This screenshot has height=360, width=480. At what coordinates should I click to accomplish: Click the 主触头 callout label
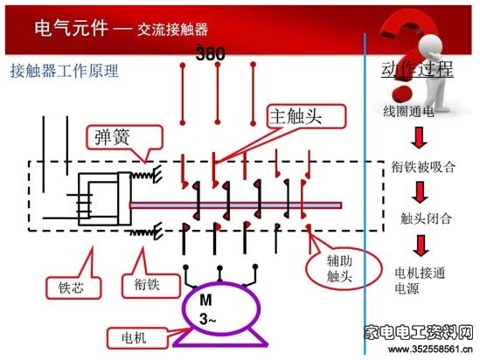pyautogui.click(x=306, y=116)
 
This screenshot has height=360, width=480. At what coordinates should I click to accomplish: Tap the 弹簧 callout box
pyautogui.click(x=124, y=138)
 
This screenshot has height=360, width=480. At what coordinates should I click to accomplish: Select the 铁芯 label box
pyautogui.click(x=73, y=287)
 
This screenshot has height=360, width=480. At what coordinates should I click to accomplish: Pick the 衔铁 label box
pyautogui.click(x=150, y=286)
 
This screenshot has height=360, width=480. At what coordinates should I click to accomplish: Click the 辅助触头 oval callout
pyautogui.click(x=344, y=269)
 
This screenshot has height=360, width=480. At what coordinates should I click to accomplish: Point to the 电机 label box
pyautogui.click(x=137, y=338)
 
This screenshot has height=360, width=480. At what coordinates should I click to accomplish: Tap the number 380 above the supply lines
pyautogui.click(x=211, y=54)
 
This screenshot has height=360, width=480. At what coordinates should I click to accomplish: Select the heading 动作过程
pyautogui.click(x=417, y=69)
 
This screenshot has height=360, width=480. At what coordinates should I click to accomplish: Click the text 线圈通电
pyautogui.click(x=408, y=111)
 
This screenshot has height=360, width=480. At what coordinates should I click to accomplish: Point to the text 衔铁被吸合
pyautogui.click(x=423, y=167)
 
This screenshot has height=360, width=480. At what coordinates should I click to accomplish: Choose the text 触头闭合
pyautogui.click(x=426, y=218)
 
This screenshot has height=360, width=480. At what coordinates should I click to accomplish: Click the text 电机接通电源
pyautogui.click(x=420, y=280)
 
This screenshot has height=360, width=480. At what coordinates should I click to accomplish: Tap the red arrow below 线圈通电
pyautogui.click(x=419, y=138)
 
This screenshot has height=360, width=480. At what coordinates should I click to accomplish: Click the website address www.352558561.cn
pyautogui.click(x=430, y=349)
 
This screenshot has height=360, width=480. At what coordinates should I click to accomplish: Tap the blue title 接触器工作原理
pyautogui.click(x=65, y=72)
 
